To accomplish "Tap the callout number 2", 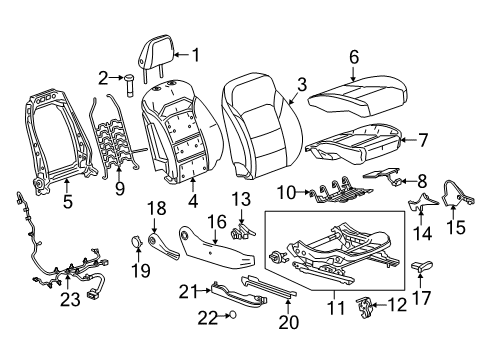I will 103,77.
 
